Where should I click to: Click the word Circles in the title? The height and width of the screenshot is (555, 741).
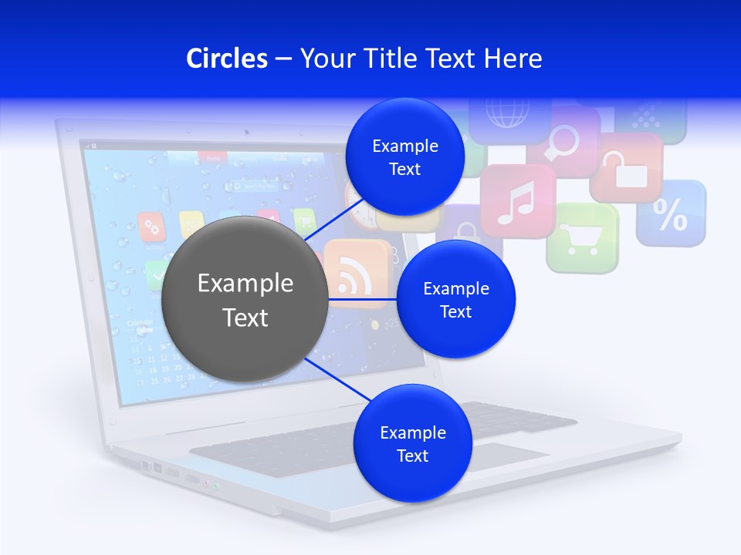227,59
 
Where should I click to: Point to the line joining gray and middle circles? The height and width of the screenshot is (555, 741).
362,298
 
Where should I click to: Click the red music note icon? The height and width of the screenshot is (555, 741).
517,201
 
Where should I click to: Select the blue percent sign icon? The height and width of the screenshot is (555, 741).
670,214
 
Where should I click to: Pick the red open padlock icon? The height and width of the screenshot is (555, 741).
626,167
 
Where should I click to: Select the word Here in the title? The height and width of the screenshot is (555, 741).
513,59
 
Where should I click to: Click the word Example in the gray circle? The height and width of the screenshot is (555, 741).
245,284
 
